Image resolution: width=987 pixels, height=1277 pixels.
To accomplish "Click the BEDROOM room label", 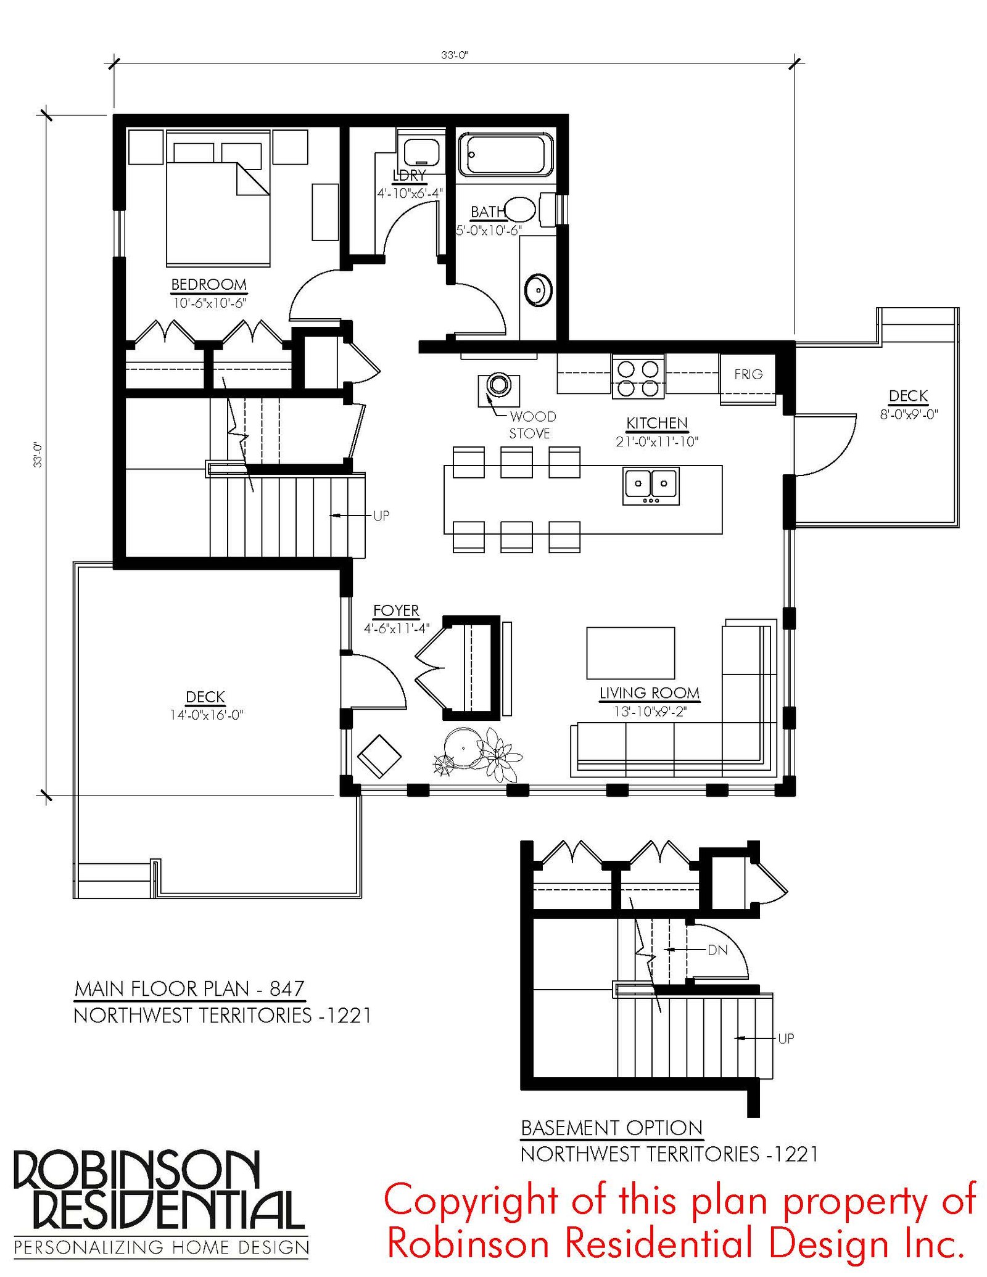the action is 209,284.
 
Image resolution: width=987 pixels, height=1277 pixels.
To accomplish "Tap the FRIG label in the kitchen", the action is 748,374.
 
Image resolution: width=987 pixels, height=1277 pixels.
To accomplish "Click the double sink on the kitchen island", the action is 651,485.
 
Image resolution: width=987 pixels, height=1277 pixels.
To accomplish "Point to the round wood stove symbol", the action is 498,385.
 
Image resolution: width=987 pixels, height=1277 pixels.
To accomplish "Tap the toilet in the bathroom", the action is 528,210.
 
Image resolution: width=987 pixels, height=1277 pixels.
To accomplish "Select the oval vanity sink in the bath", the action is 538,289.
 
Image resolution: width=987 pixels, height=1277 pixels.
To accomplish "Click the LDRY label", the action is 408,176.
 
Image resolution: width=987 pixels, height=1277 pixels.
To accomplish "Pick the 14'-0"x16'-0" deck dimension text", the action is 207,715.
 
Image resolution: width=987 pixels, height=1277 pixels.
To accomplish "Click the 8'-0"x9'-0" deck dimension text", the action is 909,414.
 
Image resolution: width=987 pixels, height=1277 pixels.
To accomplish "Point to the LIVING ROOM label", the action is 650,693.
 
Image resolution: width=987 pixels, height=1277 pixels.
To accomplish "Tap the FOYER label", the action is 396,610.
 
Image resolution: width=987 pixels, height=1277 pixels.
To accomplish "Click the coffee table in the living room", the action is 630,653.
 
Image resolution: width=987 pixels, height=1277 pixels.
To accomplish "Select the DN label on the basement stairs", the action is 717,950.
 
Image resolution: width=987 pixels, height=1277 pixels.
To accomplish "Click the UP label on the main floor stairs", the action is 381,515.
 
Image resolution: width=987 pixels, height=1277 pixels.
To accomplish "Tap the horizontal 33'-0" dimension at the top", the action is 454,55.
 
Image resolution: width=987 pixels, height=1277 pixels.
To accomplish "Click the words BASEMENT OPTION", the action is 612,1128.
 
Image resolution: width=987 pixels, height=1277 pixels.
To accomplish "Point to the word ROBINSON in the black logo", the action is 136,1170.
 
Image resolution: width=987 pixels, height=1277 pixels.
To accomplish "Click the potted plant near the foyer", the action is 478,753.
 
